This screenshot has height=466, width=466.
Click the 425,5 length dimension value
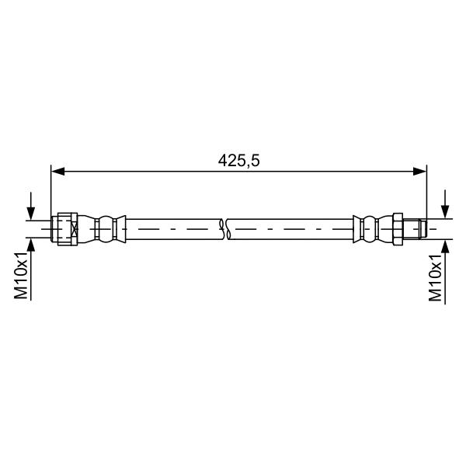238,161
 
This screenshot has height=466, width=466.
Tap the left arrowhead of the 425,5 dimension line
58,171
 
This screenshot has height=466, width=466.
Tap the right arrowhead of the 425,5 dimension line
419,171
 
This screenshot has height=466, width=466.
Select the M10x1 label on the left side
21,275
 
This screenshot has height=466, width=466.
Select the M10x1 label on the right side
435,278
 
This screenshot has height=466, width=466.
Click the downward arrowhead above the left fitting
31,214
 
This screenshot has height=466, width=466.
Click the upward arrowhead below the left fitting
31,245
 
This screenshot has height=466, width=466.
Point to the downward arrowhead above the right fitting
445,212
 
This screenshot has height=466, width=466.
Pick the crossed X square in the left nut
75,229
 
